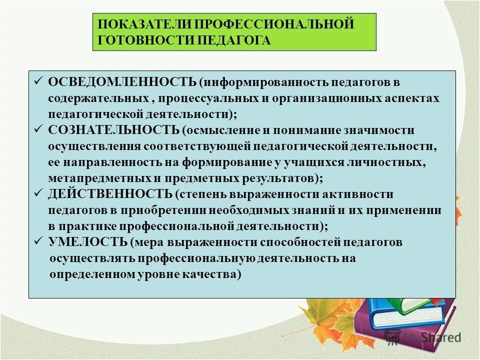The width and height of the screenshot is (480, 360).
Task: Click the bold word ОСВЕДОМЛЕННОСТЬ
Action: (122, 82)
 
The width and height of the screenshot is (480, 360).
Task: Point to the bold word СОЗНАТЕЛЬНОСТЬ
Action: (114, 130)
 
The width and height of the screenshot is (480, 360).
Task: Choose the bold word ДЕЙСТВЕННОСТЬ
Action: (110, 194)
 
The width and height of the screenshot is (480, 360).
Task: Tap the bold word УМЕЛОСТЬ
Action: (88, 242)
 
